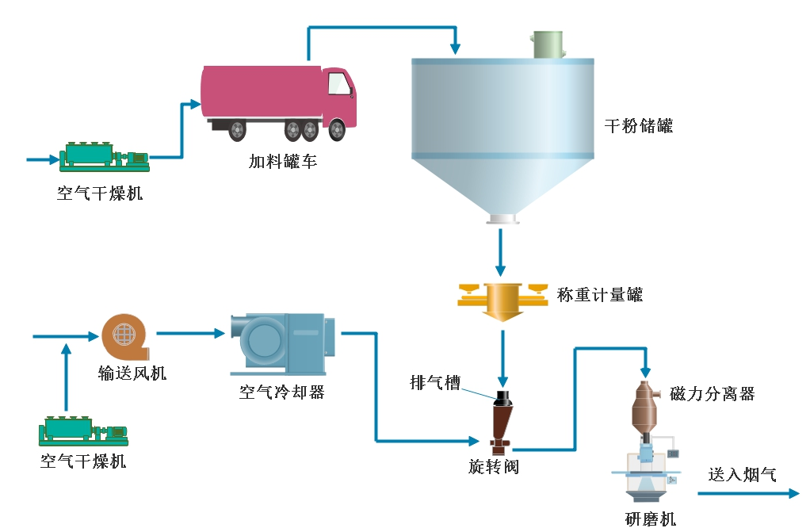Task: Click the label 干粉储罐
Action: point(639,126)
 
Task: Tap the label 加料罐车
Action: point(283,162)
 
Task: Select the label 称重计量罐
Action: point(600,296)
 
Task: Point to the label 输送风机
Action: point(132,373)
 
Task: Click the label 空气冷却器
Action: point(282,392)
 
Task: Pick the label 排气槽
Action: point(435,383)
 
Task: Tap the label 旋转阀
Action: point(493,466)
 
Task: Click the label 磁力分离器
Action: point(712,393)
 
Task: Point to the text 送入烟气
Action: point(742,475)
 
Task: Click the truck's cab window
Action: point(338,83)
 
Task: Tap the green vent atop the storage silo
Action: point(548,45)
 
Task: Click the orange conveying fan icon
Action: point(125,336)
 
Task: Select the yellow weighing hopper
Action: point(502,300)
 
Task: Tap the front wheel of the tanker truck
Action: point(337,128)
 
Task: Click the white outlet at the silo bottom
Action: point(501,219)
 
